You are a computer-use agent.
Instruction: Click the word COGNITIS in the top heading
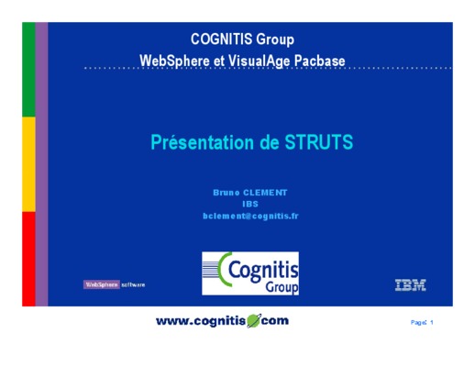coord(222,39)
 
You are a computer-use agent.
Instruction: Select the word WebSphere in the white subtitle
coord(174,61)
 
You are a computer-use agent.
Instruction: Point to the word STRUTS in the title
coord(319,142)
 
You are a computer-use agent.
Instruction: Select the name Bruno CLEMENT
coord(250,193)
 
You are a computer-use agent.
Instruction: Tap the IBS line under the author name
coord(250,204)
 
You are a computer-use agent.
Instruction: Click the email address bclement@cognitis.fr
coord(250,216)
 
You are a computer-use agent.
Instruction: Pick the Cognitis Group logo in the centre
coord(250,273)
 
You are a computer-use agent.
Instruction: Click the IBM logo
coord(410,284)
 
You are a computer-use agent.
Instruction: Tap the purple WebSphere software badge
coord(102,284)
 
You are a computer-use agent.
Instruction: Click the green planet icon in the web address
coord(254,320)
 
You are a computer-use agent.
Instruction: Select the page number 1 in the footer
coord(432,322)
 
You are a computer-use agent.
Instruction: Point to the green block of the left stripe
coord(28,70)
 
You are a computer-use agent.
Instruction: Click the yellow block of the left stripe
coord(28,164)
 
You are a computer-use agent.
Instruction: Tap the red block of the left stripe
coord(28,259)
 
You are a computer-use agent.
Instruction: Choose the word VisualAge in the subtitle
coord(260,61)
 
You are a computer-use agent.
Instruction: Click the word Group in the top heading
coord(275,39)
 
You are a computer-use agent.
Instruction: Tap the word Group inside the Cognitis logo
coord(282,287)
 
